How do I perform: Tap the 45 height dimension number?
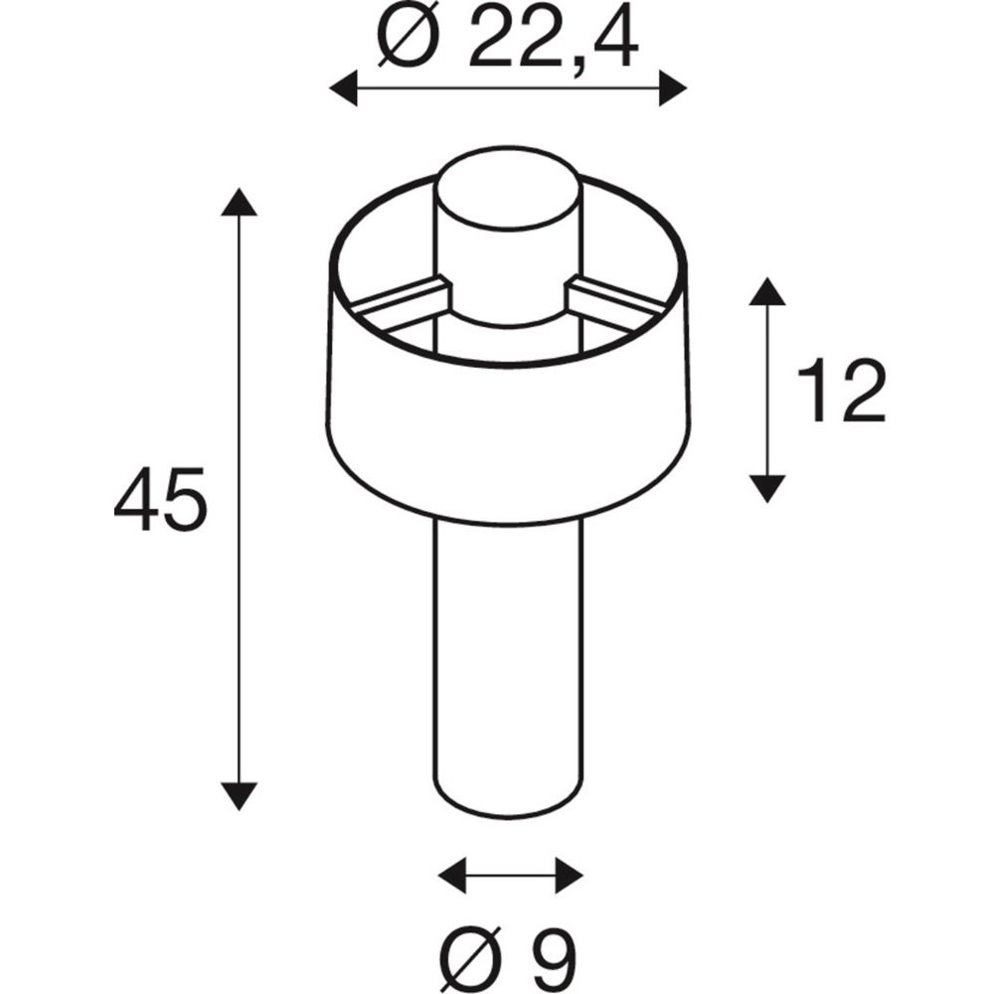click(x=160, y=499)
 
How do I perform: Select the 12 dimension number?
click(x=841, y=391)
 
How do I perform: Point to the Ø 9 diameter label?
click(x=508, y=959)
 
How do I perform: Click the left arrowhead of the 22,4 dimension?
click(x=343, y=88)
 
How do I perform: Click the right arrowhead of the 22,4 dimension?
click(x=673, y=88)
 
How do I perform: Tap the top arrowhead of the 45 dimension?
click(x=239, y=201)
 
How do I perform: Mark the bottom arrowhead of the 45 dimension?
click(x=239, y=797)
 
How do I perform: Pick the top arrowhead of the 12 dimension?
click(x=767, y=291)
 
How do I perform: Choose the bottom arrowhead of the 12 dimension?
click(x=767, y=489)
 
